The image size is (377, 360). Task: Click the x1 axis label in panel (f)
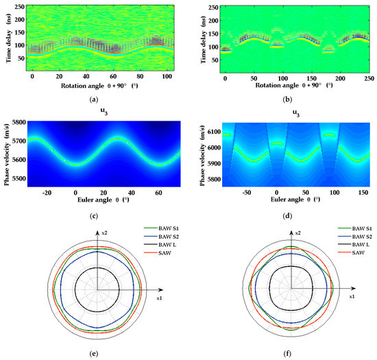click(x=352, y=296)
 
